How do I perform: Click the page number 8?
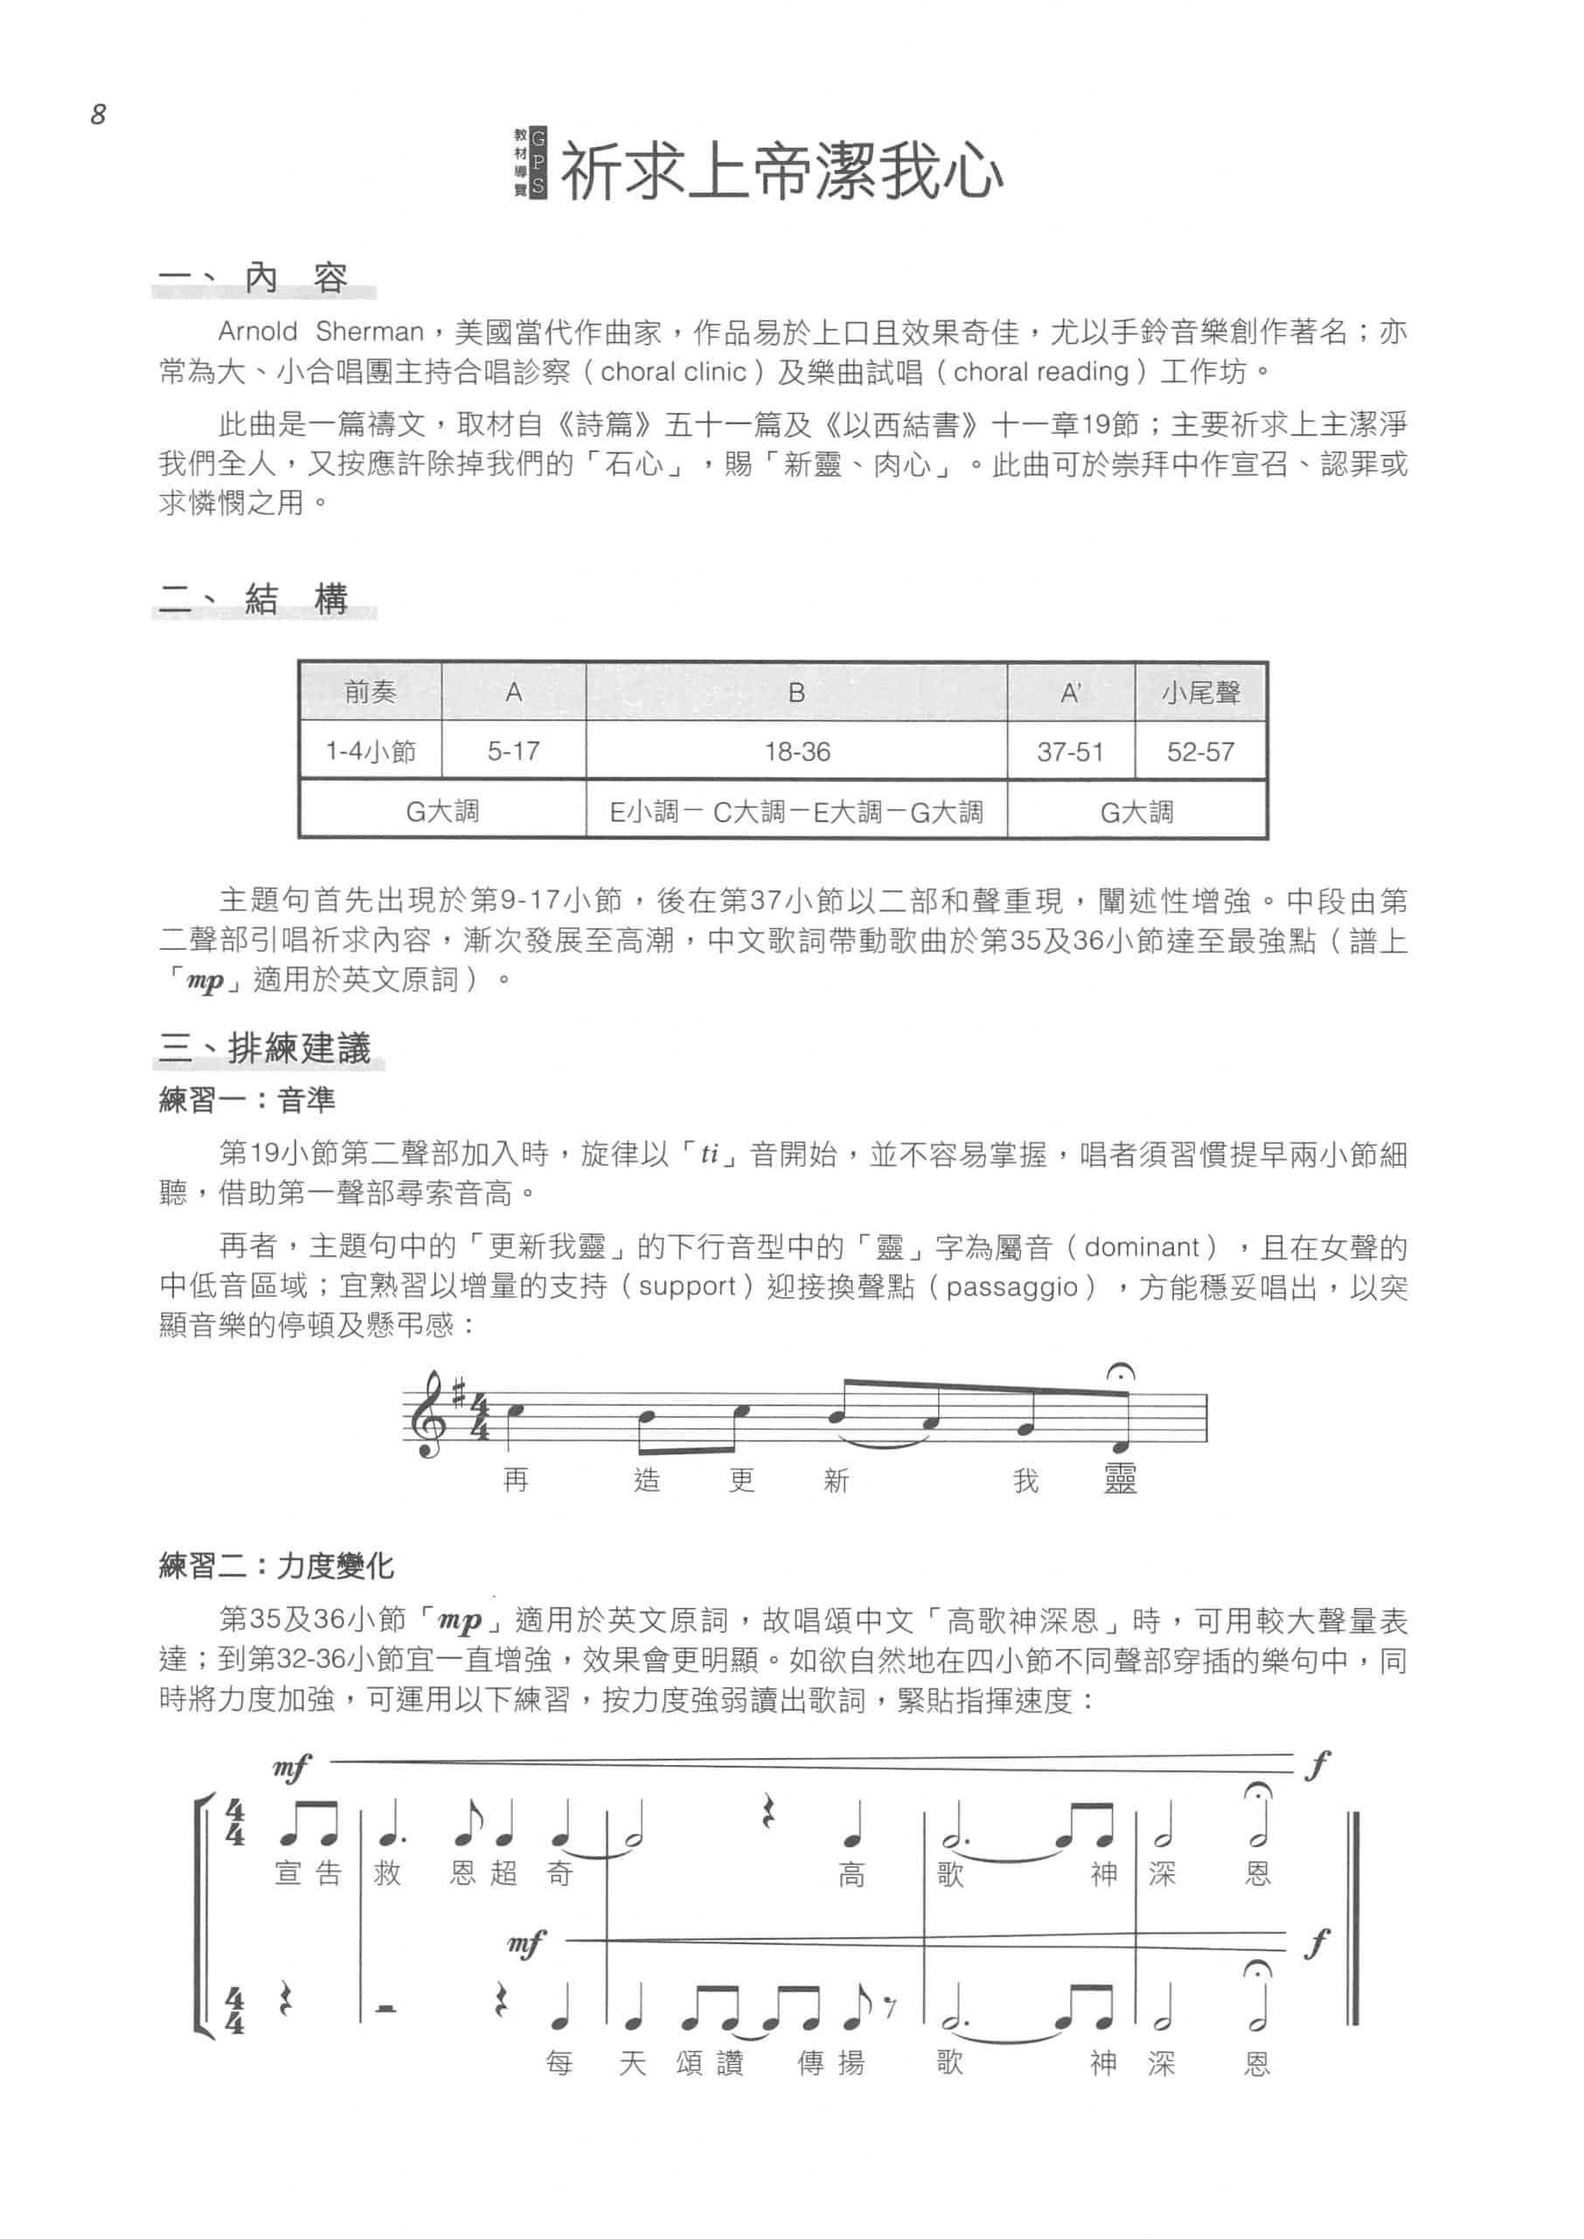coord(98,115)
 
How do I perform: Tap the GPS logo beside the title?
coord(531,163)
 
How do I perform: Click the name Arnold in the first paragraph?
coord(258,331)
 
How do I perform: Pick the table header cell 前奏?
coord(370,692)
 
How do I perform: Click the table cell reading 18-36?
coord(797,751)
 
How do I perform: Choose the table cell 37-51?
coord(1070,751)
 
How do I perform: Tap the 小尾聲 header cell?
coord(1201,692)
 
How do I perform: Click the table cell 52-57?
coord(1201,751)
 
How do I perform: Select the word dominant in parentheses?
coord(1141,1247)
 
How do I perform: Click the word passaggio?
coord(1011,1286)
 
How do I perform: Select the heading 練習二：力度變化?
coord(276,1566)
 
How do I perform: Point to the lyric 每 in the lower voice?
coord(559,2063)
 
